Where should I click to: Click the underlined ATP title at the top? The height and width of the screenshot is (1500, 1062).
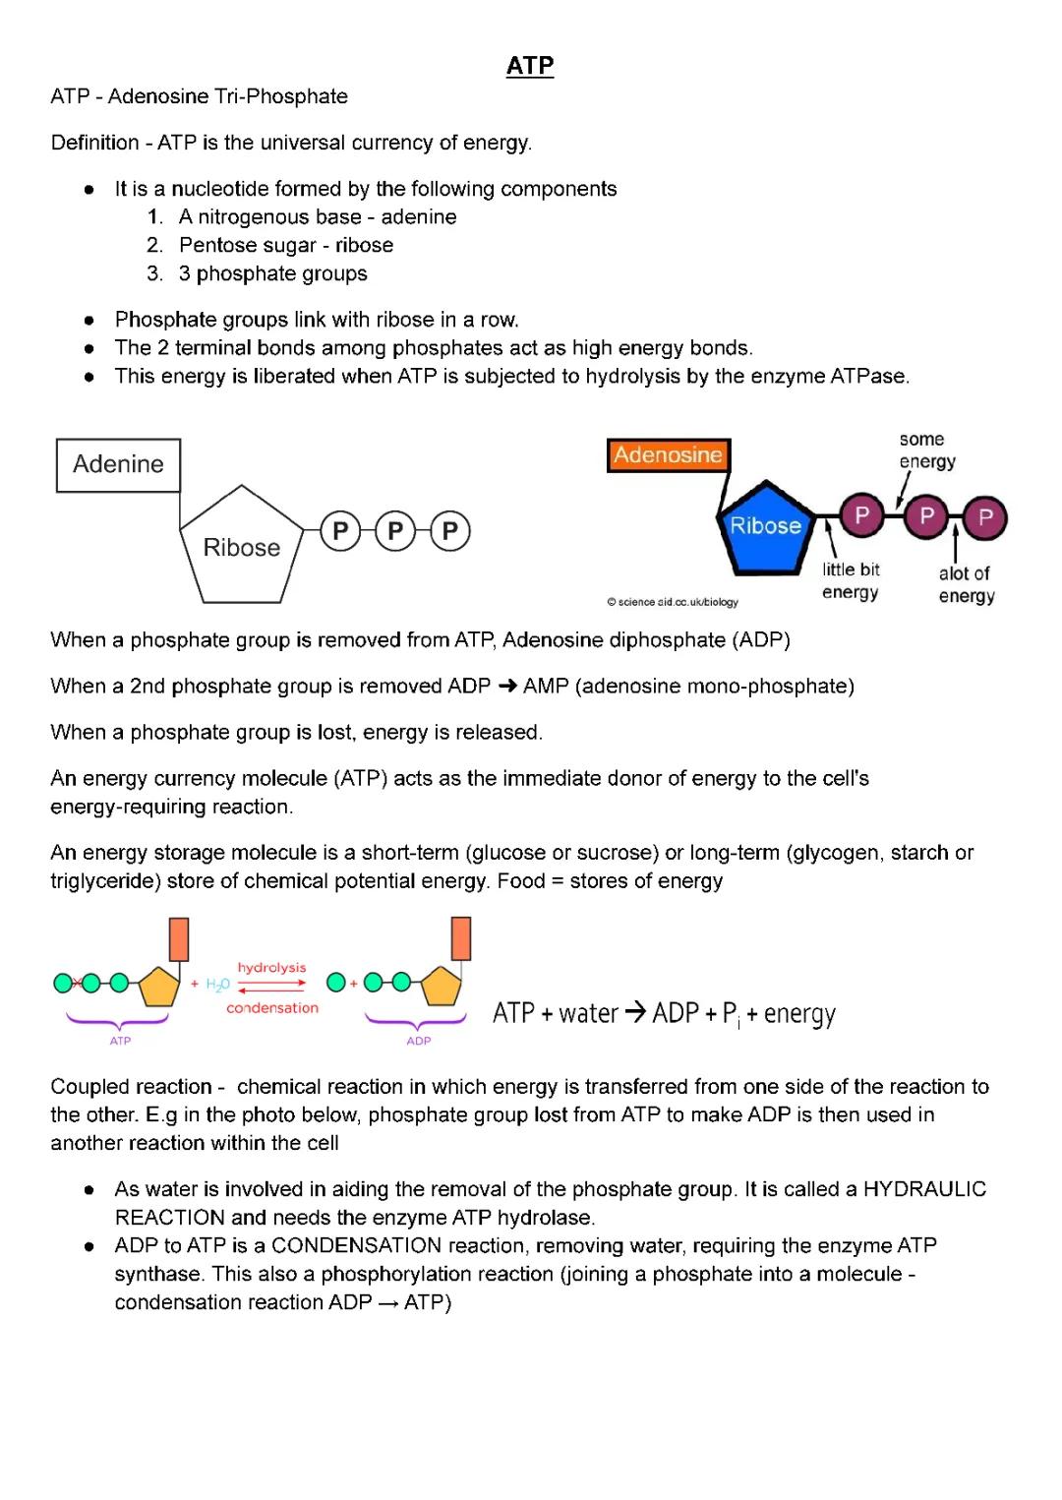point(530,66)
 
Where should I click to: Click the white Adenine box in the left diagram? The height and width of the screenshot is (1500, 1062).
point(118,464)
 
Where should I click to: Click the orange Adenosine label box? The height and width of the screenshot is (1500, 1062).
point(668,454)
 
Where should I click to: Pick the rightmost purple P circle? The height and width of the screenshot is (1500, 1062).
point(985,517)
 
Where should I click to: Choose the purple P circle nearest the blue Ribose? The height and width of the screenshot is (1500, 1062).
point(861,515)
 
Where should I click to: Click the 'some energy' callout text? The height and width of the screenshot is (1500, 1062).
point(926,450)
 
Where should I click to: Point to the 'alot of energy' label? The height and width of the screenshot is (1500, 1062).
point(966,584)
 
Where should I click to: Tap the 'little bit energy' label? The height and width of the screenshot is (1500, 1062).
point(851,580)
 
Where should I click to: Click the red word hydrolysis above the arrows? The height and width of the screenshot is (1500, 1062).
point(271,968)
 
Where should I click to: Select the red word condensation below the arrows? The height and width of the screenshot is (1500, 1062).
point(272,1007)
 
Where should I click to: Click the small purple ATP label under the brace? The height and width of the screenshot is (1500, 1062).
point(120,1041)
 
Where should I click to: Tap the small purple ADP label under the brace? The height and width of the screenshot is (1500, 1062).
point(419,1041)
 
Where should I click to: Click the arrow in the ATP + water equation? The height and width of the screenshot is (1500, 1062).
point(635,1012)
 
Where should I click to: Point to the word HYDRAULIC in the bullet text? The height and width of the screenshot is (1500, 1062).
point(924,1189)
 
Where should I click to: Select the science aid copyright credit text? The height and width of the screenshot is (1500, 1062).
point(673,602)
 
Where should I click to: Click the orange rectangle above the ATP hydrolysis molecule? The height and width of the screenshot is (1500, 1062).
point(179,938)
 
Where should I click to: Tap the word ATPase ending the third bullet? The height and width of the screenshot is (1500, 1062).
point(869,376)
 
